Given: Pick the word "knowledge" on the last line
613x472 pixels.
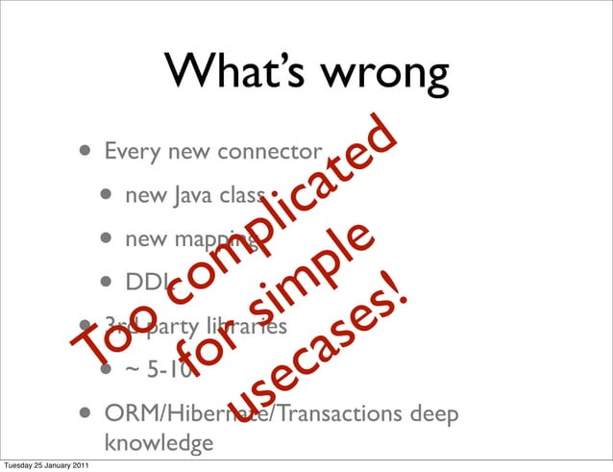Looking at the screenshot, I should click(159, 445).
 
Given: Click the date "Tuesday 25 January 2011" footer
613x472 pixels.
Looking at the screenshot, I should click(45, 465).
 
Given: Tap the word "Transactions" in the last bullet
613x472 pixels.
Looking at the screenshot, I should click(331, 414).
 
